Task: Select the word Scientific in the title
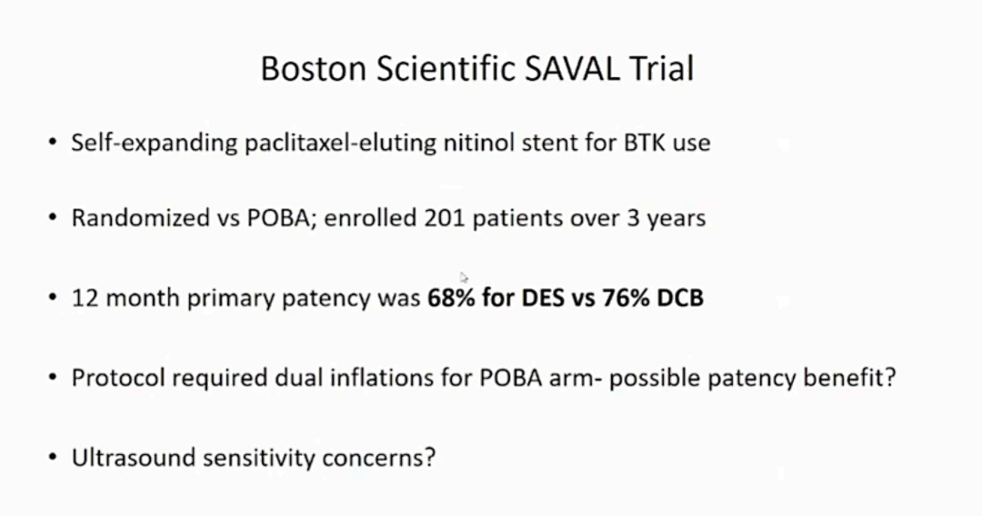tap(445, 68)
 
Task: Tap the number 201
tap(444, 218)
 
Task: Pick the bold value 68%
tap(451, 298)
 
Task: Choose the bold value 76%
tap(626, 298)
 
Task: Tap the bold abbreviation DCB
tap(680, 298)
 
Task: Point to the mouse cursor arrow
tap(464, 278)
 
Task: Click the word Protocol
tap(117, 379)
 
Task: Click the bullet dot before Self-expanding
tap(53, 143)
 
